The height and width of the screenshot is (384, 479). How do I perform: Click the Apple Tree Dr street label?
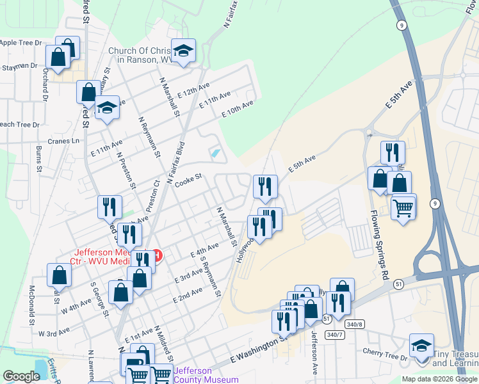pos(21,43)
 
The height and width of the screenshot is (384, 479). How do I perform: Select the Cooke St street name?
pos(188,180)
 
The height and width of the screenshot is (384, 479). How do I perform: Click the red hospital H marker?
pos(156,256)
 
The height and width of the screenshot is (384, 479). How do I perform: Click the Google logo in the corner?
pos(21,376)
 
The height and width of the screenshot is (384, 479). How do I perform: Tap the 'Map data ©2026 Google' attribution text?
pos(439,379)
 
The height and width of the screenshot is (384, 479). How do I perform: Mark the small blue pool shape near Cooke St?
pos(215,154)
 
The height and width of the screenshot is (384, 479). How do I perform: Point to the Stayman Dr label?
pos(19,67)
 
